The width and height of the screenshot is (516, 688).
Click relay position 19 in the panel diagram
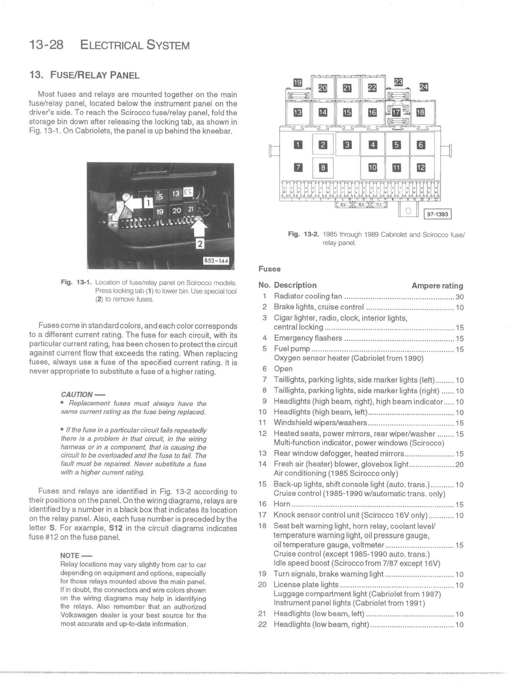297,83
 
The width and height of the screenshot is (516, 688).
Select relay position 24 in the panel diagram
423,87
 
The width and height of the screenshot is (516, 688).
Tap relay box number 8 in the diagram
323,168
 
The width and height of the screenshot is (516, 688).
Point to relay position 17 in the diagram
397,113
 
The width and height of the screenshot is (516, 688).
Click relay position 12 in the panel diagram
421,168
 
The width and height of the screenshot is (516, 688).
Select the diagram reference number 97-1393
437,214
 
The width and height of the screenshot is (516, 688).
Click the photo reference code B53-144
216,260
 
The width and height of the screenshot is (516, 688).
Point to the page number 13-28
47,45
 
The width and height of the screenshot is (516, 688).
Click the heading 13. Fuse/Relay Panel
85,75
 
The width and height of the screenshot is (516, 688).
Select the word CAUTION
77,394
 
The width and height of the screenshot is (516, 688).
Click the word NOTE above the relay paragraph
70,555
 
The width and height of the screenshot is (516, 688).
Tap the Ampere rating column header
437,286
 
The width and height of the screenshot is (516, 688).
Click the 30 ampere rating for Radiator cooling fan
459,297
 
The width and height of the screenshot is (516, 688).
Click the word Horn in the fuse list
282,504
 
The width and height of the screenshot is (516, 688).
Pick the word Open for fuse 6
283,369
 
